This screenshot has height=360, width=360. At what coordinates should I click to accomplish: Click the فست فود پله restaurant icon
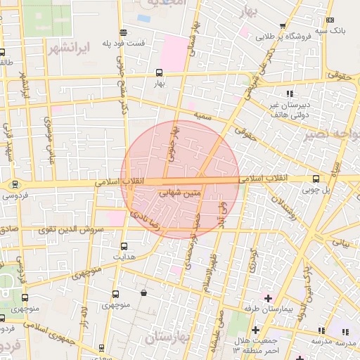point(124,32)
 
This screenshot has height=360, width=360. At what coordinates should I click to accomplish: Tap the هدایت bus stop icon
point(124,246)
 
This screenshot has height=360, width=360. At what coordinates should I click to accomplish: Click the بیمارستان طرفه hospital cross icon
point(268,298)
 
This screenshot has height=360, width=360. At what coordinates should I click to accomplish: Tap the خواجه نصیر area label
point(330,134)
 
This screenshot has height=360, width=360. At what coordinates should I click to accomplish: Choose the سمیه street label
point(204,115)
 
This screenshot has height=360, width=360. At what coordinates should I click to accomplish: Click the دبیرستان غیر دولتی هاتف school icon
point(289,94)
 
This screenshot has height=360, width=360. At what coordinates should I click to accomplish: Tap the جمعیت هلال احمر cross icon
point(255,329)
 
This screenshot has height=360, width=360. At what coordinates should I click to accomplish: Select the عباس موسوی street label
point(49,136)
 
